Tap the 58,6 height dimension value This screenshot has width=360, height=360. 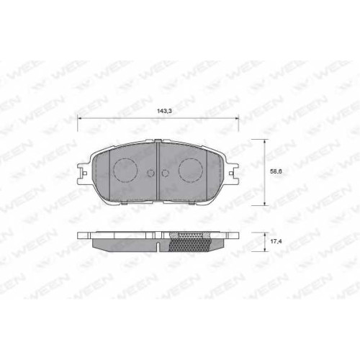coord(276,171)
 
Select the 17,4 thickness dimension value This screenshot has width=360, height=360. coord(276,241)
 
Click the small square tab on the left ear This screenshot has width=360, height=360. coord(84,174)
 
